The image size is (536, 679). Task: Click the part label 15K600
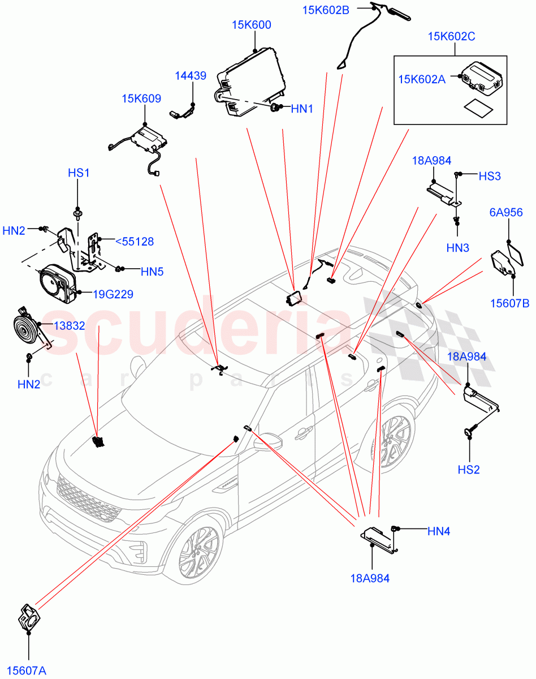coord(251,25)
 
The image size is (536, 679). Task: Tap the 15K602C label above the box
coord(451,37)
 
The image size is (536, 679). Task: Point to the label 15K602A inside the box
coord(421,80)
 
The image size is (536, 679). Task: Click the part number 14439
coord(190,75)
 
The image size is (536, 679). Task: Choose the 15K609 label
coord(141,98)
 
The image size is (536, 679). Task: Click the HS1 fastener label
coord(79,173)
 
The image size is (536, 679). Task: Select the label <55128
coord(134,242)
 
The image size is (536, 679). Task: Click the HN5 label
coord(152,272)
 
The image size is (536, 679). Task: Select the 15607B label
coord(509,304)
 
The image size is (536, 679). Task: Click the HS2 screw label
coord(468,469)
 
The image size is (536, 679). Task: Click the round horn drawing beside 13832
coord(25,328)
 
